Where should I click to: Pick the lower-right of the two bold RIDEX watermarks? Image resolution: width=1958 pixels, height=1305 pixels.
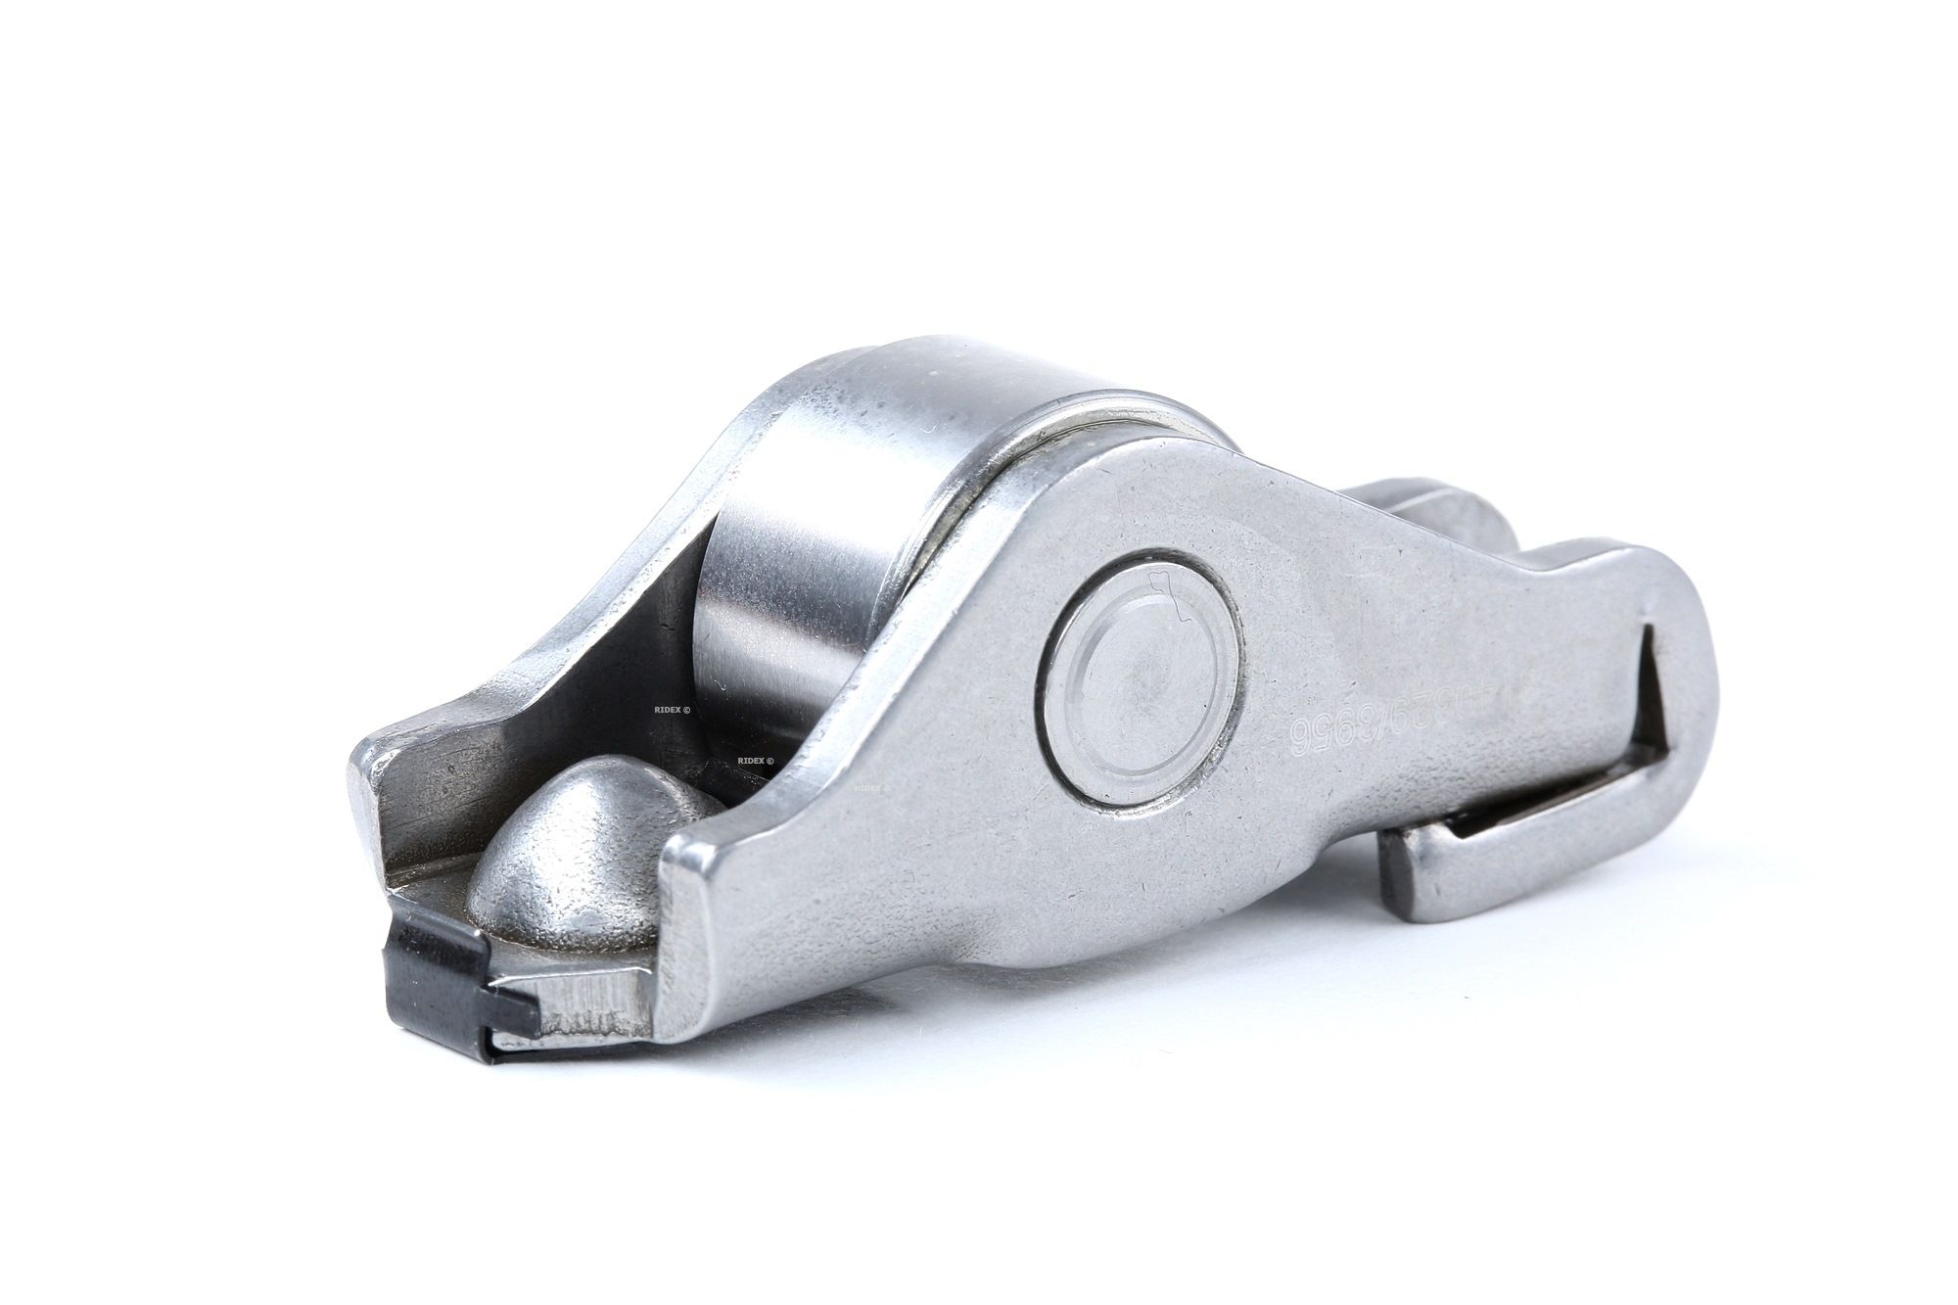point(754,759)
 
